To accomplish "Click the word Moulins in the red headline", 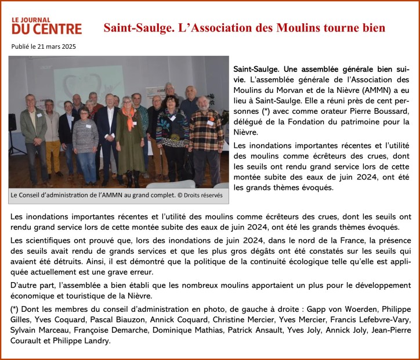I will point(291,27).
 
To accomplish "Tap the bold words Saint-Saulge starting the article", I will point(255,69).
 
